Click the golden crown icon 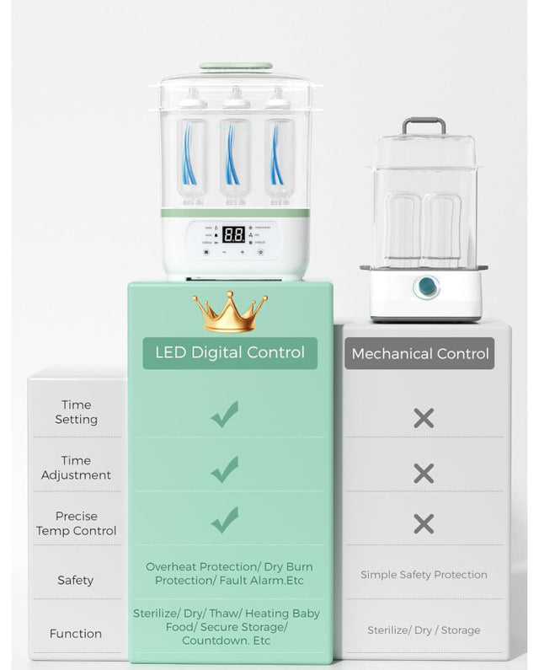coord(230,312)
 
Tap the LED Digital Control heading coord(230,352)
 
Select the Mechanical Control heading coord(419,354)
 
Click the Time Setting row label coord(76,412)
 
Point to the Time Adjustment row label coord(76,468)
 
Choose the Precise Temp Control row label coord(76,523)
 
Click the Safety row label coord(76,580)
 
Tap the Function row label coord(76,633)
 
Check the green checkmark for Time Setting coord(225,414)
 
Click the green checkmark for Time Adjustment coord(225,469)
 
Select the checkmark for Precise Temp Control coord(225,520)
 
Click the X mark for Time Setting coord(424,417)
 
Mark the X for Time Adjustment coord(424,473)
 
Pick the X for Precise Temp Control coord(424,523)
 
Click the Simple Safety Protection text coord(424,575)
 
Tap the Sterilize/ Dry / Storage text coord(424,630)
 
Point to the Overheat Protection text coord(229,573)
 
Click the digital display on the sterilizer coord(233,234)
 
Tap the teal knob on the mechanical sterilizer coord(427,287)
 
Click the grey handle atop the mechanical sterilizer coord(424,124)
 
